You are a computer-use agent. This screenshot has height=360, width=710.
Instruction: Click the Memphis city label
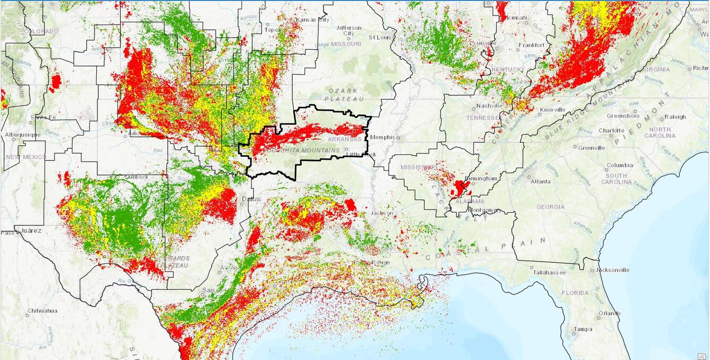tap(383, 137)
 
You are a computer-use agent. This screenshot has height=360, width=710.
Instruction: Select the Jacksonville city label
tap(612, 270)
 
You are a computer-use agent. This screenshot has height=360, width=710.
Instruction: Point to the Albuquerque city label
tap(22, 135)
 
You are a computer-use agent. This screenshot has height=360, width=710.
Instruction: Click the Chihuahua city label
tap(43, 311)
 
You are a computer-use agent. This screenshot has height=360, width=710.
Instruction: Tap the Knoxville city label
tap(553, 110)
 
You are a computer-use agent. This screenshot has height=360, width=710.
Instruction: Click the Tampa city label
tap(583, 329)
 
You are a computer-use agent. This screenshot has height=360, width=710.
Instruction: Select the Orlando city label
tap(609, 313)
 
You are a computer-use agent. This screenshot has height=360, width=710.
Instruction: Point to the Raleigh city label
tap(675, 117)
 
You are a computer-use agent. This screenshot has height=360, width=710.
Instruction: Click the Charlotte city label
tap(611, 130)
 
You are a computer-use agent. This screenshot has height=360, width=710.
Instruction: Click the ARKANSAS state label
tap(344, 139)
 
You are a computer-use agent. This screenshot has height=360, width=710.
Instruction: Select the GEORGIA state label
tap(551, 207)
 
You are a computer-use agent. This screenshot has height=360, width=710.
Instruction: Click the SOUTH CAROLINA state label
tap(616, 179)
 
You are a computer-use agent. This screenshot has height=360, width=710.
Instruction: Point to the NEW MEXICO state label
tap(26, 157)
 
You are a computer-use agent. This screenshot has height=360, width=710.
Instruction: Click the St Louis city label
tap(380, 38)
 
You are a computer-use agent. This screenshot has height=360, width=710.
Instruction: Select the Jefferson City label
tap(349, 31)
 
